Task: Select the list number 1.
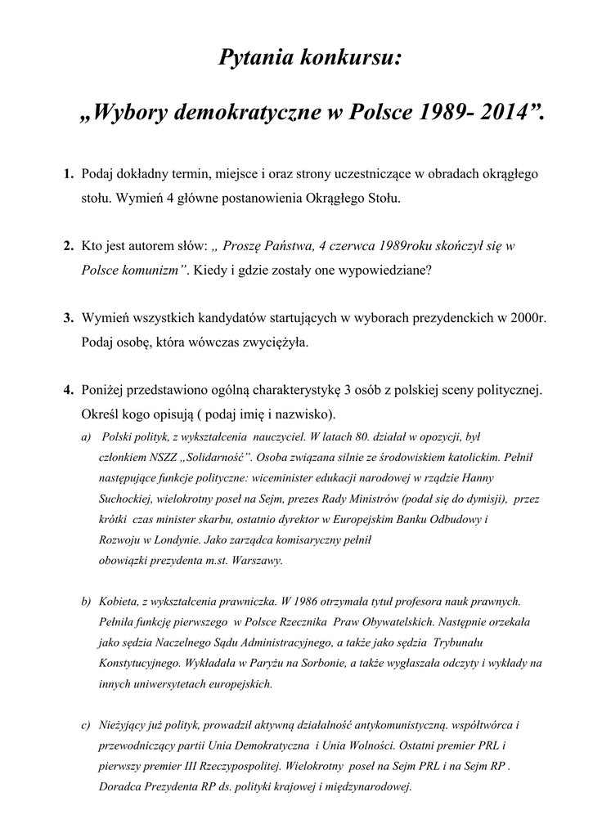pos(68,176)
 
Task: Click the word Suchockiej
pos(124,498)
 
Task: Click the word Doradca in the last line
pos(119,787)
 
